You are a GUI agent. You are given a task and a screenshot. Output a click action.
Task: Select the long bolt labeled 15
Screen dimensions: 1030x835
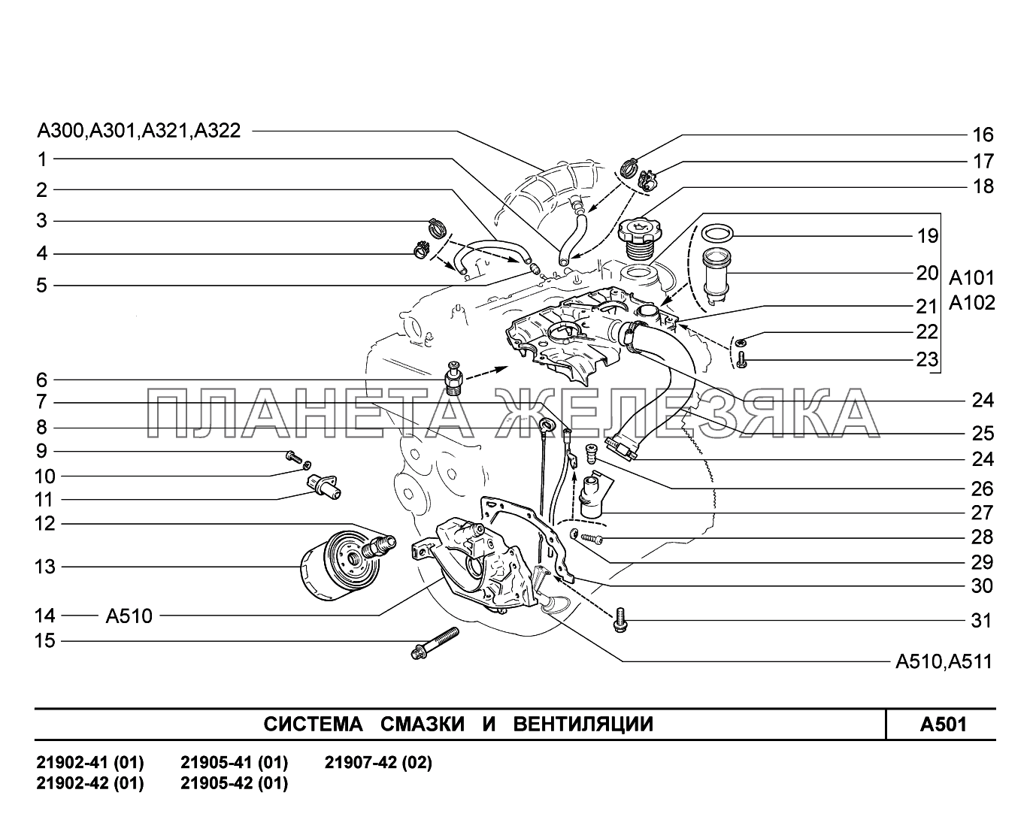[x=435, y=643]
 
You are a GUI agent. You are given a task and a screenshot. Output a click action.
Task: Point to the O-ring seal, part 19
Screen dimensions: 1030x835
[x=717, y=233]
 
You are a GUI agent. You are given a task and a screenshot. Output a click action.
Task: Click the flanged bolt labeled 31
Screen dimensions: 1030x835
[x=620, y=620]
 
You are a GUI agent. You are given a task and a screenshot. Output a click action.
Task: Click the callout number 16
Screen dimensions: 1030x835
[x=983, y=135]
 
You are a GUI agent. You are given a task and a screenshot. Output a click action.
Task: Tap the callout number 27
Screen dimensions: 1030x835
[x=982, y=513]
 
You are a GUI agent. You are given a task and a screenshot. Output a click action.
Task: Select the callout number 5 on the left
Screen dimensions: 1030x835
[x=42, y=286]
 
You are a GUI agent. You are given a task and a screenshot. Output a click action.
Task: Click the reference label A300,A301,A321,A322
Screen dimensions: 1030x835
[x=139, y=131]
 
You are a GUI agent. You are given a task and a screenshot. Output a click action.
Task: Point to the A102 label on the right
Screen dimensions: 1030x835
[x=971, y=303]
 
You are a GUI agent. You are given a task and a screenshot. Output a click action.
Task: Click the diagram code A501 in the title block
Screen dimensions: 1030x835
[x=943, y=725]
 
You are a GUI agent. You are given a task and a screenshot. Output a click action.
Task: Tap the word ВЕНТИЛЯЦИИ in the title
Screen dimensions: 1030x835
[x=583, y=725]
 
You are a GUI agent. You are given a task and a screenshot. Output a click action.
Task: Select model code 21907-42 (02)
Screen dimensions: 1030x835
[x=378, y=763]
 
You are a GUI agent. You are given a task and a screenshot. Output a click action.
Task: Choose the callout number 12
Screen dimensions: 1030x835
[x=44, y=523]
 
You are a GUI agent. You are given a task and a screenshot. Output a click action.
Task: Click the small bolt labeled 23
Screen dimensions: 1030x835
[x=741, y=360]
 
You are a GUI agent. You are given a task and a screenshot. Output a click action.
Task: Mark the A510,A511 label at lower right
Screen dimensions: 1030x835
[x=944, y=661]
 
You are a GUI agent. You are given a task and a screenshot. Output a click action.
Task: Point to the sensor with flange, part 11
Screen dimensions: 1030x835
[x=324, y=486]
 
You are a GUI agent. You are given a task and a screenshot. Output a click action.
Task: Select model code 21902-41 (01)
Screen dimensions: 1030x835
[x=90, y=763]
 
